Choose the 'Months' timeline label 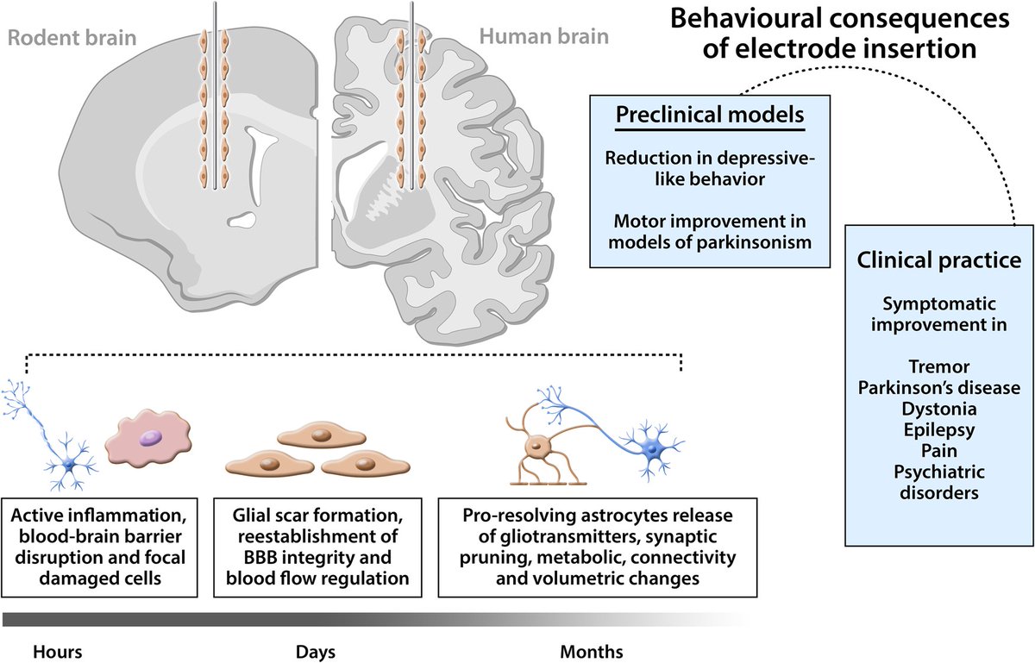click(x=590, y=650)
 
